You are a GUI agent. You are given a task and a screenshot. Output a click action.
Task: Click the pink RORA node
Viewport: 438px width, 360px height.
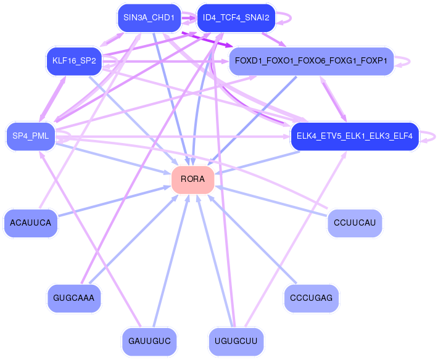tap(192, 179)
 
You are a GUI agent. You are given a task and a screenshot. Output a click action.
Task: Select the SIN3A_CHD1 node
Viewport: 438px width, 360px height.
tap(149, 18)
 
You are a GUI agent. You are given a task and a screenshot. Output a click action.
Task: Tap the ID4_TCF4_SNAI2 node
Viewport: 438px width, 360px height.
tap(236, 18)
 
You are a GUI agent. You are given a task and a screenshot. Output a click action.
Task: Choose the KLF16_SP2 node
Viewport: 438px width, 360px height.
tap(74, 61)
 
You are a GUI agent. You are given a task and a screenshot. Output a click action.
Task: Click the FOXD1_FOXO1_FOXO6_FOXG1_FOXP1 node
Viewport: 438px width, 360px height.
tap(311, 61)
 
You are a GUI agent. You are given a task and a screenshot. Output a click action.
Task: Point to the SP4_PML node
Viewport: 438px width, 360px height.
tap(31, 136)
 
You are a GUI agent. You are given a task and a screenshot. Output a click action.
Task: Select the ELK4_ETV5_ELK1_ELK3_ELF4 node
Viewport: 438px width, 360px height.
tap(355, 136)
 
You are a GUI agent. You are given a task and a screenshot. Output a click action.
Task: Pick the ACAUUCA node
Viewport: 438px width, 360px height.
tap(31, 223)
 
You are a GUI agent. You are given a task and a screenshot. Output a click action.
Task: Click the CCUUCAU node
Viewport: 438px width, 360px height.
tap(355, 223)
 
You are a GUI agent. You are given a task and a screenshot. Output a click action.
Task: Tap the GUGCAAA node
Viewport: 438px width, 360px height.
tap(74, 298)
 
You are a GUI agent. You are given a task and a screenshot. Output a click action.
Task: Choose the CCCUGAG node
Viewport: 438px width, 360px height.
tap(311, 298)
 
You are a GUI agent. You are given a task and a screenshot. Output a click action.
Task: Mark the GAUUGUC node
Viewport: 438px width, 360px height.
tap(149, 342)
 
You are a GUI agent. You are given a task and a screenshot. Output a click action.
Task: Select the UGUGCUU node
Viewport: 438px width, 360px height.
tap(236, 342)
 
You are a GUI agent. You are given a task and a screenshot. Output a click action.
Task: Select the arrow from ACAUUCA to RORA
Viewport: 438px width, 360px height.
tap(115, 201)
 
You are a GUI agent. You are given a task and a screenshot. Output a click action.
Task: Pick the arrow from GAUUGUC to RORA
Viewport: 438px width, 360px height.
tap(171, 261)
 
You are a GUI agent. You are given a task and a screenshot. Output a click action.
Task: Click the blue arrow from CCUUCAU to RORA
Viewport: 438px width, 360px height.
tap(271, 201)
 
